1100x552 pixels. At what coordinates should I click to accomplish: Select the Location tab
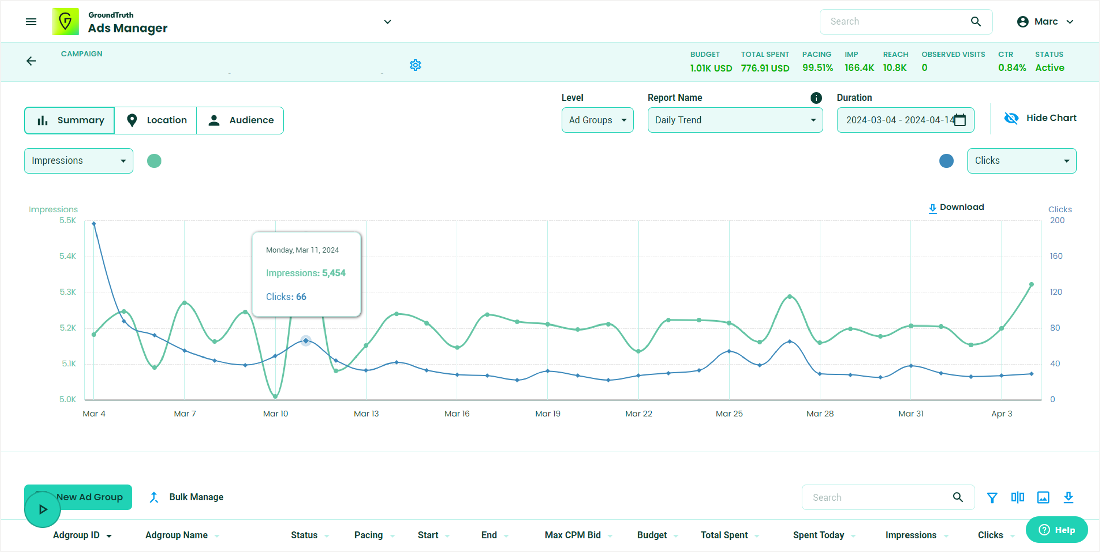point(156,120)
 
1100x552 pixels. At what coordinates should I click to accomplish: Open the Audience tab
point(240,120)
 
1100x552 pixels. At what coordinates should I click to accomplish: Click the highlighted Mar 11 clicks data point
point(306,341)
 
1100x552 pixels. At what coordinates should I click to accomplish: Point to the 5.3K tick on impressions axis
point(68,292)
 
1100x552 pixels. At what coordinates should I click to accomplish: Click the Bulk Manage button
point(187,497)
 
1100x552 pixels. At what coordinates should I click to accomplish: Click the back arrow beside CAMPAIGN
point(31,61)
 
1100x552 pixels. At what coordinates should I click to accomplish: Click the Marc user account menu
point(1045,22)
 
